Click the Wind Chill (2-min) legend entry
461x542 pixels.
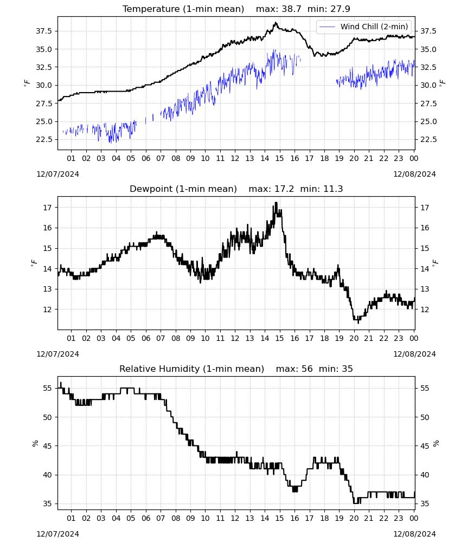click(364, 27)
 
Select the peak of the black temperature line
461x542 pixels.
click(276, 22)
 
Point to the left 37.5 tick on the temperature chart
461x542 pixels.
click(44, 31)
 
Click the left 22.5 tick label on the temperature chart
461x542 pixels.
click(44, 139)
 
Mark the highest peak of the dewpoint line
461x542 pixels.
click(276, 203)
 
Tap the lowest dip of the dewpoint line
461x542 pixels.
click(358, 322)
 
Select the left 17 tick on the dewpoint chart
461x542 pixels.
click(48, 208)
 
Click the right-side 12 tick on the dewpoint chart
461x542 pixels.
click(425, 309)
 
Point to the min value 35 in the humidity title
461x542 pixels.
click(347, 369)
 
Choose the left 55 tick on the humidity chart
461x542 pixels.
click(48, 388)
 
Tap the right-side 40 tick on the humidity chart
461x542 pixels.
click(425, 475)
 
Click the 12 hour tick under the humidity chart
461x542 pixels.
click(235, 518)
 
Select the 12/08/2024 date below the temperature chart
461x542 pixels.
click(414, 174)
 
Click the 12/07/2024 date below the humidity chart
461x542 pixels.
click(57, 534)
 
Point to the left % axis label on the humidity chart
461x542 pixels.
click(35, 443)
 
